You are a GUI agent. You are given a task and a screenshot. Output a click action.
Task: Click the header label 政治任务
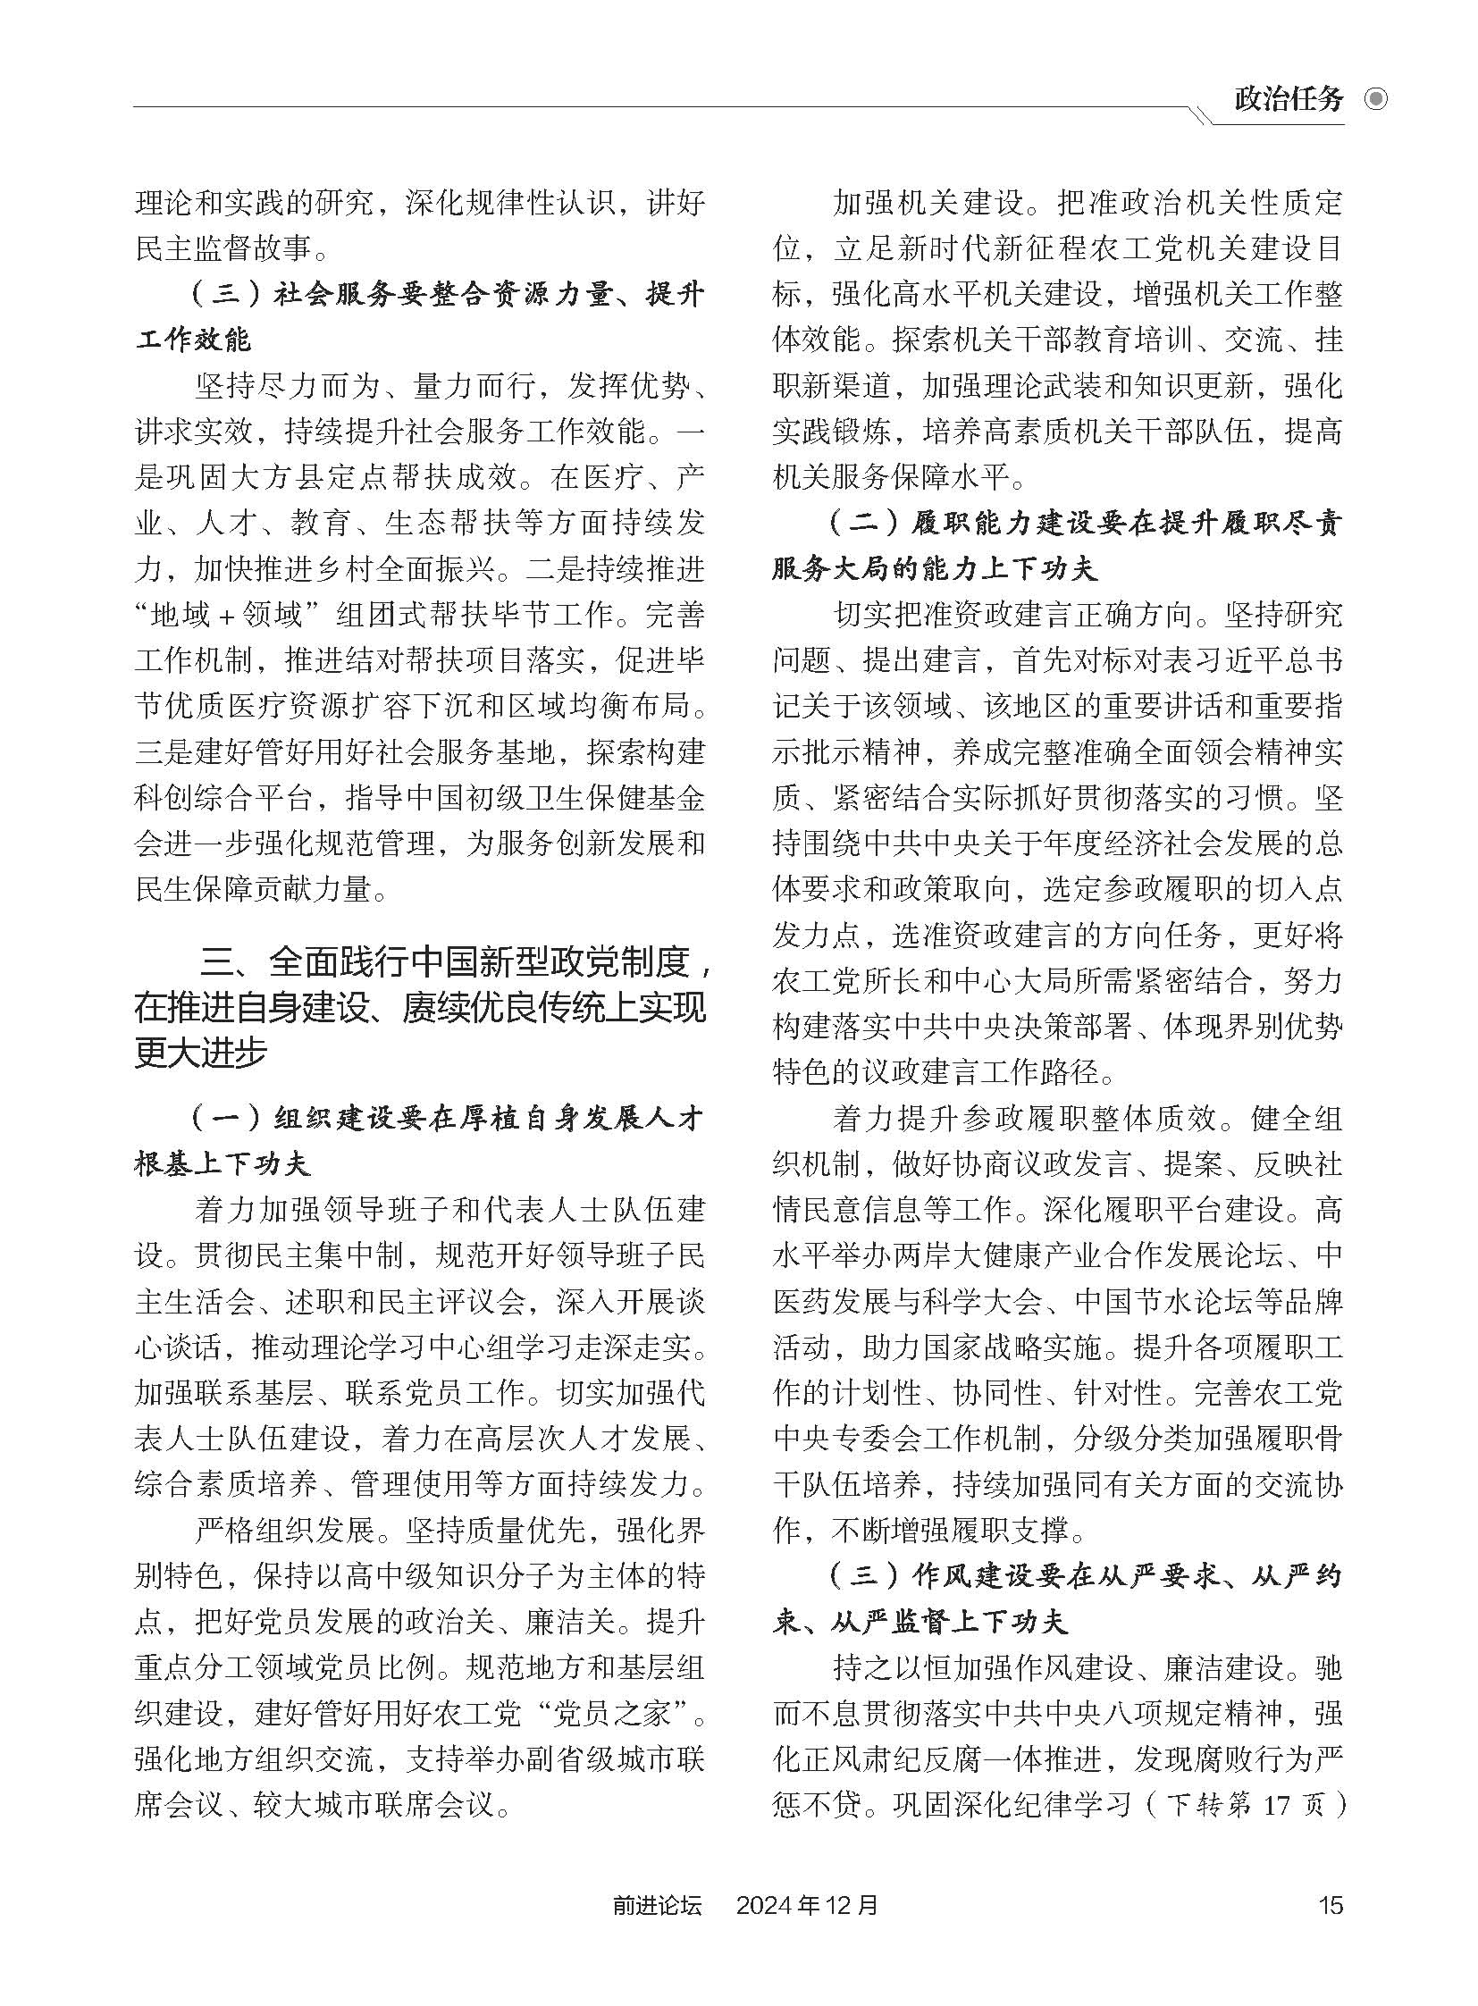[1288, 99]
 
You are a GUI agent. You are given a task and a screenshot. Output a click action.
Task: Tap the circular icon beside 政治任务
[1376, 99]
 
